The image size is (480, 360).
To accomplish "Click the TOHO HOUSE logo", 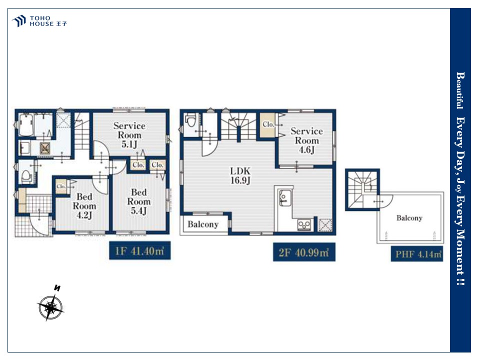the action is click(x=39, y=21).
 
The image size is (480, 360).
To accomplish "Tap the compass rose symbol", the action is click(x=51, y=307).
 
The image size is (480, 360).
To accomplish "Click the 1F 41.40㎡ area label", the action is click(x=139, y=250).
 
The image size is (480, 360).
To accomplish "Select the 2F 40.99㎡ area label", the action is click(x=304, y=252).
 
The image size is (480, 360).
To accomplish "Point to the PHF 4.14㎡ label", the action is click(x=417, y=254).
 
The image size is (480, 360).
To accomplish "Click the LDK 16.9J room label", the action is click(x=240, y=175).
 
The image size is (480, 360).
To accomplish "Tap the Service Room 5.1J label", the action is click(x=129, y=134).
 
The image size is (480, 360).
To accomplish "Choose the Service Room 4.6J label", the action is click(x=306, y=140).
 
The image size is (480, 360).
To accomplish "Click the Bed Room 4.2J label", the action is click(x=84, y=205).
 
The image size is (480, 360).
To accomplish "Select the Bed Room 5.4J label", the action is click(x=138, y=201).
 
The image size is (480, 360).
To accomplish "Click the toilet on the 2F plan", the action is click(x=191, y=120).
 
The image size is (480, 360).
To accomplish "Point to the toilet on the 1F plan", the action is click(x=26, y=176).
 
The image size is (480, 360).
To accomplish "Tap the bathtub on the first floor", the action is click(x=26, y=125).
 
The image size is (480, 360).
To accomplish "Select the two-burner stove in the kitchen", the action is click(x=304, y=225).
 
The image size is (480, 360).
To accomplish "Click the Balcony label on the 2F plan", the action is click(x=203, y=224).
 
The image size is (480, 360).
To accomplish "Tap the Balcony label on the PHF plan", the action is click(x=409, y=218).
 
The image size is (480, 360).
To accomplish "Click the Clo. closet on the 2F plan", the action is click(x=268, y=124).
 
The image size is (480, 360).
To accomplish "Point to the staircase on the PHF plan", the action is click(x=362, y=190).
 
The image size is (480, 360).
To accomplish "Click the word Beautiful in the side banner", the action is click(x=460, y=90).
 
